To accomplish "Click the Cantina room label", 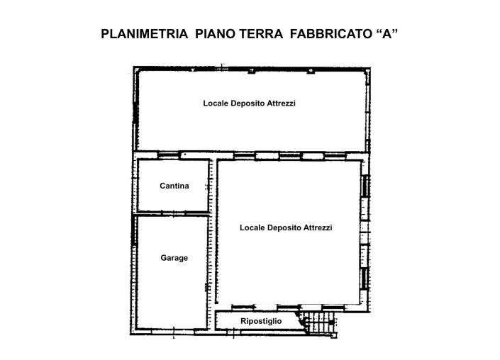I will click(x=174, y=186).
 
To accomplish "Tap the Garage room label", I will click(x=174, y=258).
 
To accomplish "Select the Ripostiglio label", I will click(x=261, y=322).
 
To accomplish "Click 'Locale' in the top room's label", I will click(x=216, y=103).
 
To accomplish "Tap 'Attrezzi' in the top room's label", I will click(x=282, y=103).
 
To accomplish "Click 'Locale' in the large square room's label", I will click(x=252, y=228).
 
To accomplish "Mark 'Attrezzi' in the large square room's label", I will click(x=318, y=228).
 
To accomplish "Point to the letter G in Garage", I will click(x=163, y=258).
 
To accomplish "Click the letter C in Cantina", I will click(x=162, y=186).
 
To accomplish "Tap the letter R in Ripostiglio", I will click(x=243, y=322).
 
